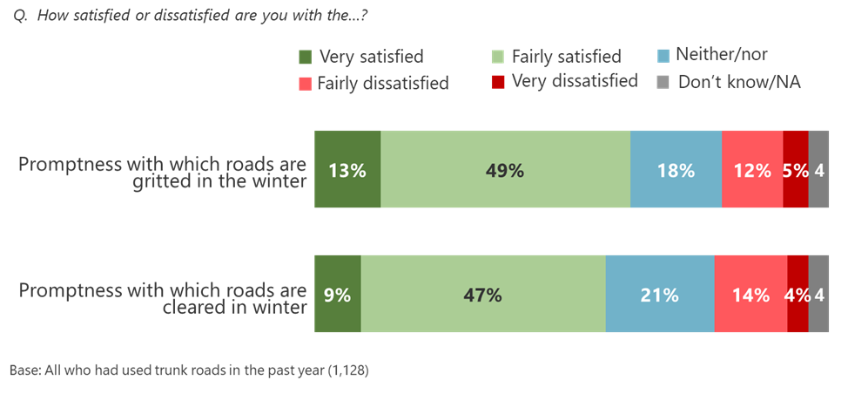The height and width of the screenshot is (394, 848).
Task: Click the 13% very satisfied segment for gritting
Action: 347,170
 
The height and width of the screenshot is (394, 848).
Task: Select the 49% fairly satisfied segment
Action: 505,170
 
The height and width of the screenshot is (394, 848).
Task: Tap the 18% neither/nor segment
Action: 676,170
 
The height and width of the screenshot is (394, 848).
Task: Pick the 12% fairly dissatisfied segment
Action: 752,170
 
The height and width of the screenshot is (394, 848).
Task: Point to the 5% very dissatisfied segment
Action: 796,170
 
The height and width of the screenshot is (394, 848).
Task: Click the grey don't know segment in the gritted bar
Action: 819,170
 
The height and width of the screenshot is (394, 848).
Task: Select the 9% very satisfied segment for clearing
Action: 338,295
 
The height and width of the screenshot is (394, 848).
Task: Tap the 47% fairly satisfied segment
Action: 483,295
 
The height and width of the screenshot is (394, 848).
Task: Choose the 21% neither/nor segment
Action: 660,295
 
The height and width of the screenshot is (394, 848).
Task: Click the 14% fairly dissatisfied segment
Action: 750,295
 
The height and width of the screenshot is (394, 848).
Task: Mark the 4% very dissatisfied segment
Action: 798,295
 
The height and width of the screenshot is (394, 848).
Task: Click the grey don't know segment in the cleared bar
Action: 819,295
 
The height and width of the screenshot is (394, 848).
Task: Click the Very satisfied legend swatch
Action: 304,58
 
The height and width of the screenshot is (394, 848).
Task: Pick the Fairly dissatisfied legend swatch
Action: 304,83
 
